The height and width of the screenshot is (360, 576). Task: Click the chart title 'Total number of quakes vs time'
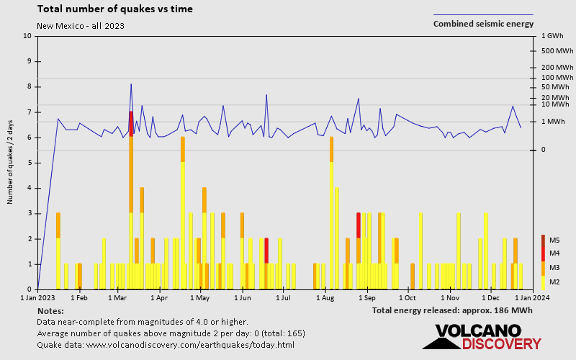tap(114, 9)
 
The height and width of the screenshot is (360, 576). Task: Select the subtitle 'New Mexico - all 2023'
tap(80, 26)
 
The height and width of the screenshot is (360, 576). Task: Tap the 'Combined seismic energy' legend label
tap(483, 24)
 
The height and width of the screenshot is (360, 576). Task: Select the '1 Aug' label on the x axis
tap(325, 297)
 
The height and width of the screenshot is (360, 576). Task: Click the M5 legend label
tap(555, 240)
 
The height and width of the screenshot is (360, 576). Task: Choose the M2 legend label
tap(555, 282)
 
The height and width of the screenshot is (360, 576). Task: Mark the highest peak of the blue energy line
tap(131, 84)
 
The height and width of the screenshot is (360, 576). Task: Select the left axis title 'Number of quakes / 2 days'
tap(11, 163)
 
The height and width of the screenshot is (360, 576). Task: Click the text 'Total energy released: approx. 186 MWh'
tap(453, 310)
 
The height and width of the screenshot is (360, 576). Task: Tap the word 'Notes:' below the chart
tap(50, 310)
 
